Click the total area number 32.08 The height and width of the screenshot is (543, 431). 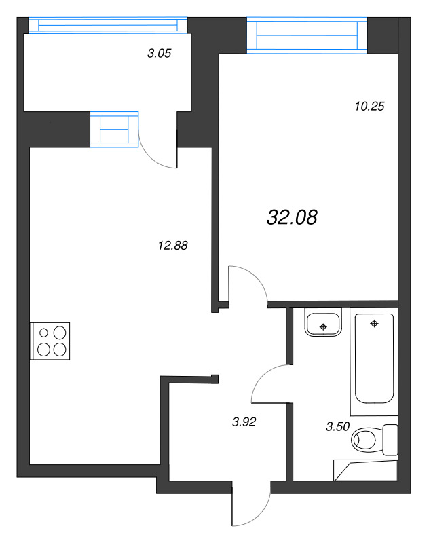(292, 217)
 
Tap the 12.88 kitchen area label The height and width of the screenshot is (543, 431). (172, 246)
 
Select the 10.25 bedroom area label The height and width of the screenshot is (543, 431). (369, 106)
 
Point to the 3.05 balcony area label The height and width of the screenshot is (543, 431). (160, 53)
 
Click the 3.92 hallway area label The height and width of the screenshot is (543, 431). (244, 422)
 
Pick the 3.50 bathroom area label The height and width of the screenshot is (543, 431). (337, 426)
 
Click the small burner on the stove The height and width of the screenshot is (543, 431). (43, 333)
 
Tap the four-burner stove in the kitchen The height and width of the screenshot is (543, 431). (50, 341)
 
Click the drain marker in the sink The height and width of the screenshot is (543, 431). (323, 326)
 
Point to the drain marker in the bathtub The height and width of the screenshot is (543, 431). (374, 324)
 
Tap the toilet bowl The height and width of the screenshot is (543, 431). (363, 440)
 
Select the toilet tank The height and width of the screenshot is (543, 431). (390, 440)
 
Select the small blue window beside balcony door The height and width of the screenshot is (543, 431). (114, 130)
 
